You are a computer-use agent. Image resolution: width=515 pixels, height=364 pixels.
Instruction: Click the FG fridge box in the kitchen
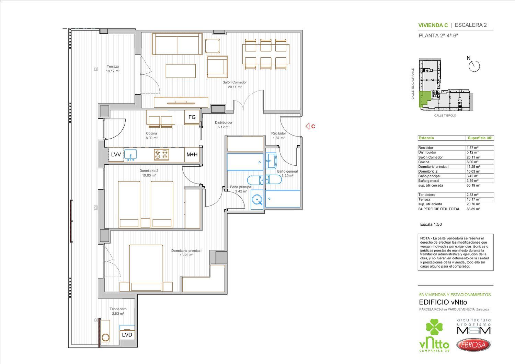pyautogui.click(x=192, y=117)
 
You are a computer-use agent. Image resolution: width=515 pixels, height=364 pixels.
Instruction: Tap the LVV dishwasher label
pyautogui.click(x=116, y=155)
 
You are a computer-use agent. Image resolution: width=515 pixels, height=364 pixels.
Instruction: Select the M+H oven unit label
pyautogui.click(x=192, y=155)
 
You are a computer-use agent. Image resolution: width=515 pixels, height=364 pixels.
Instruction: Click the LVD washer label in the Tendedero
pyautogui.click(x=127, y=335)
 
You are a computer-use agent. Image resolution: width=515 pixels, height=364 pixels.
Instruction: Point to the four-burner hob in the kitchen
pyautogui.click(x=161, y=154)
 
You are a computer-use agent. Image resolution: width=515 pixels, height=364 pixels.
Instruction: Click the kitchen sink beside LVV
pyautogui.click(x=130, y=155)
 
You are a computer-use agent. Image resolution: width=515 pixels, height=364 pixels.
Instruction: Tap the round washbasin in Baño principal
pyautogui.click(x=257, y=199)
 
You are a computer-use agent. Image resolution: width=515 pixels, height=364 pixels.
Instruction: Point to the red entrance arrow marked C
pyautogui.click(x=308, y=126)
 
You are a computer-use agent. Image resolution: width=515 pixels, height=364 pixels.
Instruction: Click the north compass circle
pyautogui.click(x=474, y=66)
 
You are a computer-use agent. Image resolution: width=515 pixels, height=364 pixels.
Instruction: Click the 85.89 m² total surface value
pyautogui.click(x=473, y=209)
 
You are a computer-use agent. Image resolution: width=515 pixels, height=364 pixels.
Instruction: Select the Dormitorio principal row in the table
pyautogui.click(x=456, y=167)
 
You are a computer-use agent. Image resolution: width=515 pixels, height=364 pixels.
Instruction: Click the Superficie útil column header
pyautogui.click(x=480, y=138)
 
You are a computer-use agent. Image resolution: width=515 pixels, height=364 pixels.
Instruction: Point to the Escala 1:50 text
pyautogui.click(x=431, y=224)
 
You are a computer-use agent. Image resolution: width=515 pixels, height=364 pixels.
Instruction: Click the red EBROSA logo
pyautogui.click(x=473, y=344)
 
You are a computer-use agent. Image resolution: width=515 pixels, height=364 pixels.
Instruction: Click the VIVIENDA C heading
pyautogui.click(x=433, y=25)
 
